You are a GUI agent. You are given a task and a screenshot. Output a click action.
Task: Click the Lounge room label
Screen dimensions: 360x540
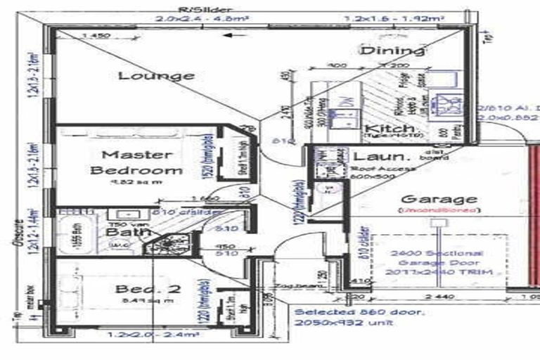coord(155,75)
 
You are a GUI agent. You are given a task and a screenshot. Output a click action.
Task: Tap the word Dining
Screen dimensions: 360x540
coord(393,50)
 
